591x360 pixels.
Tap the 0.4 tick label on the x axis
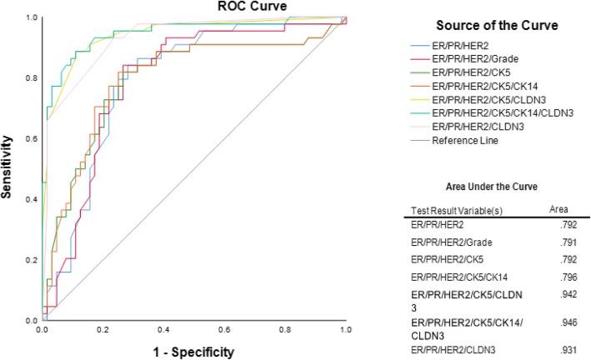(163, 331)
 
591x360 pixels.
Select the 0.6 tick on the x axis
(224, 331)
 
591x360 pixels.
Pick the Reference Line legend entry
(464, 141)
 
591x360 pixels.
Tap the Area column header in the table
(561, 211)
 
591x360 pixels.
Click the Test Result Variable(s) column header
(449, 211)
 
